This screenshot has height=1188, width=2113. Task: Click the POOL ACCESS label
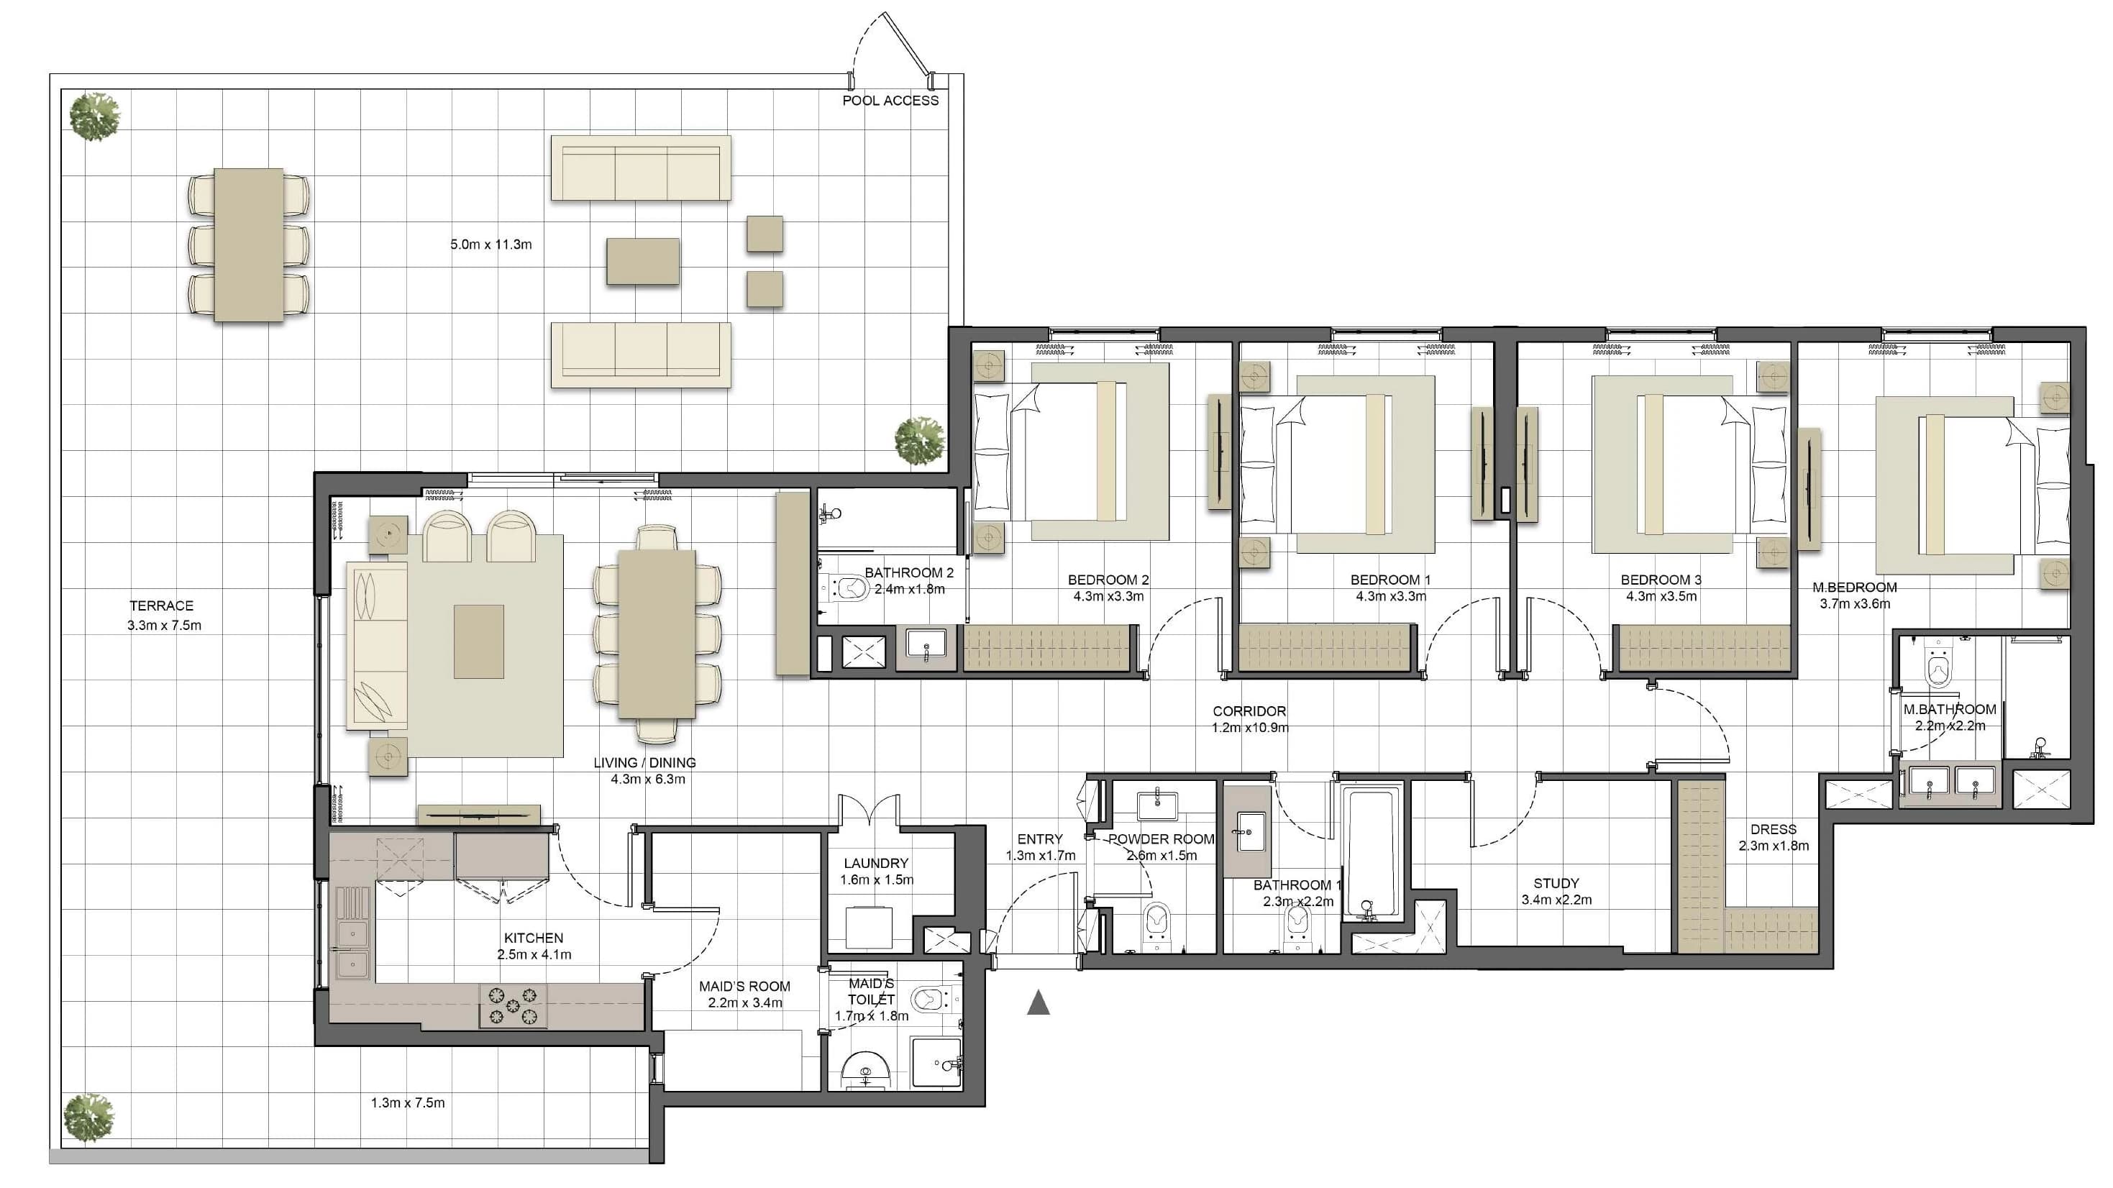pos(890,101)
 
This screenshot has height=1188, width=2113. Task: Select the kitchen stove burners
pos(513,1006)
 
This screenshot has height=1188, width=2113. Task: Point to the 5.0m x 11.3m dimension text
pos(490,245)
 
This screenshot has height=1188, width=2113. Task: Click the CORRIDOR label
pos(1249,711)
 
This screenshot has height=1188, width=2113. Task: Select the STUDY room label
pos(1556,884)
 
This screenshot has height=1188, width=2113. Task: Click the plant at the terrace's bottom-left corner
pos(88,1117)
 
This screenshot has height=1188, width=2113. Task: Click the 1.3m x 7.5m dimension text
pos(408,1102)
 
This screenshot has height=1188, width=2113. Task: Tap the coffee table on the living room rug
pos(478,641)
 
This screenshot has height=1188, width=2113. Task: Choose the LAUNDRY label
pos(876,863)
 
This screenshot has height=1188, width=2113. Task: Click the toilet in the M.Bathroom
pos(1938,665)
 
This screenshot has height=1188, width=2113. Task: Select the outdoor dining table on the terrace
pos(249,245)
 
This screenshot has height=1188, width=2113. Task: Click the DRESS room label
pos(1774,829)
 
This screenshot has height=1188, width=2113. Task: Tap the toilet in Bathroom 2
pos(846,588)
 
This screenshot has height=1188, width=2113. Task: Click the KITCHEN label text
pos(533,938)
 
